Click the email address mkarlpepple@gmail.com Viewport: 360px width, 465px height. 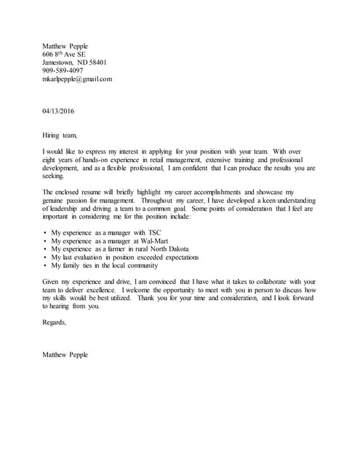(77, 79)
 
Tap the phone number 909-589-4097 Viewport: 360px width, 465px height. (64, 70)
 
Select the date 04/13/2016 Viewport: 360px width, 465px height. (58, 111)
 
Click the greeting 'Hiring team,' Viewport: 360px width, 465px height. (59, 134)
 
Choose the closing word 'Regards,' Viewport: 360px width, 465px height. (54, 322)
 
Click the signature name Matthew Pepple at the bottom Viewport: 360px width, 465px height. (65, 354)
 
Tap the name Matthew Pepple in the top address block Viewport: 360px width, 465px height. (65, 46)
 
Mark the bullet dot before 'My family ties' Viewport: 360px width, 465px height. (45, 266)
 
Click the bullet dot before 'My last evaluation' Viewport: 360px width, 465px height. (45, 257)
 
